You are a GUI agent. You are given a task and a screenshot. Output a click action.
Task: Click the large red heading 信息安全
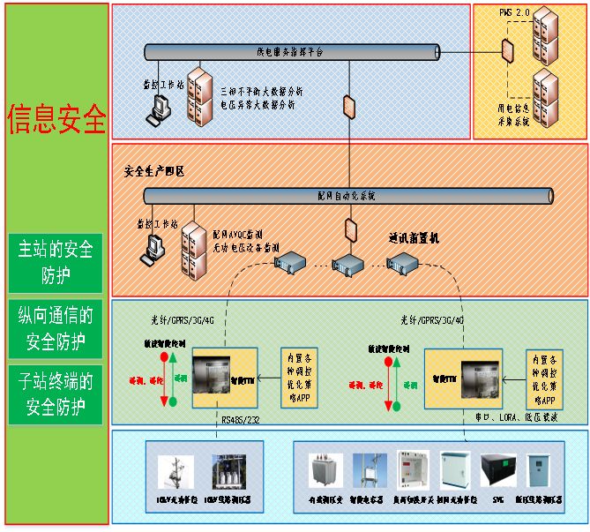point(56,119)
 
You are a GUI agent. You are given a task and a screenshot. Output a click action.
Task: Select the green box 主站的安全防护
point(56,262)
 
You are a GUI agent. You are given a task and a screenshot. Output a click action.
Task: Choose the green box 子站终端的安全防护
point(56,393)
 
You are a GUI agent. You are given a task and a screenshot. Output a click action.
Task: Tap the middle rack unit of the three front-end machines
point(346,262)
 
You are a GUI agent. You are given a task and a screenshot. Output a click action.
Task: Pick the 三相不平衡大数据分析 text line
point(262,91)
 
